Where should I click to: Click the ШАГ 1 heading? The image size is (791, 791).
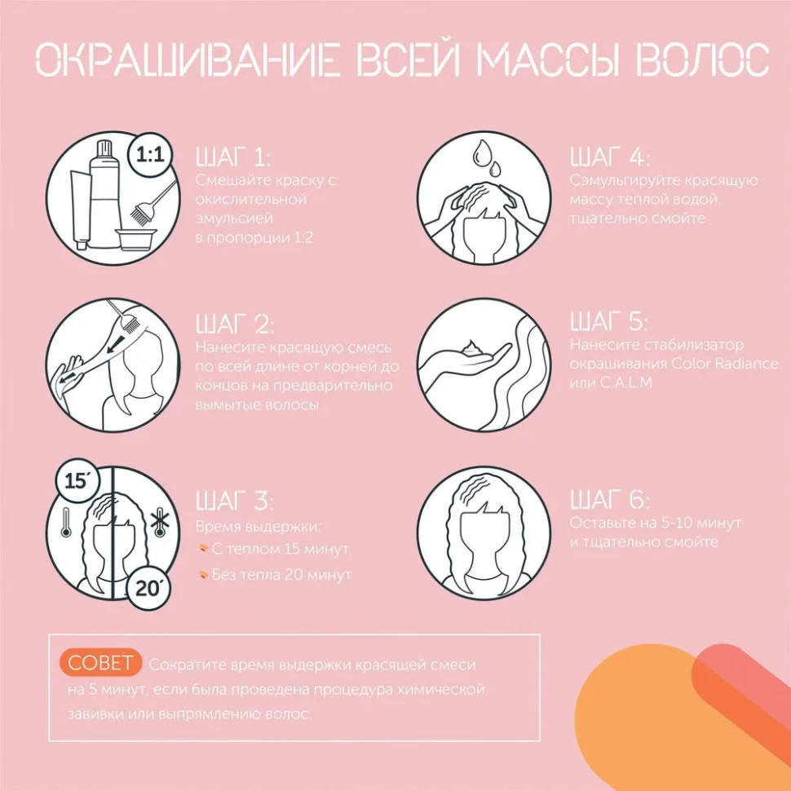[x=233, y=157]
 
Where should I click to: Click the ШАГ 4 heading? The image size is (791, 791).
[x=610, y=157]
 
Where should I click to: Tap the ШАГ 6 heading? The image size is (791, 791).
[x=610, y=499]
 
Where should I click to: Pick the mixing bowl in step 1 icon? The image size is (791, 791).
[x=135, y=240]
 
